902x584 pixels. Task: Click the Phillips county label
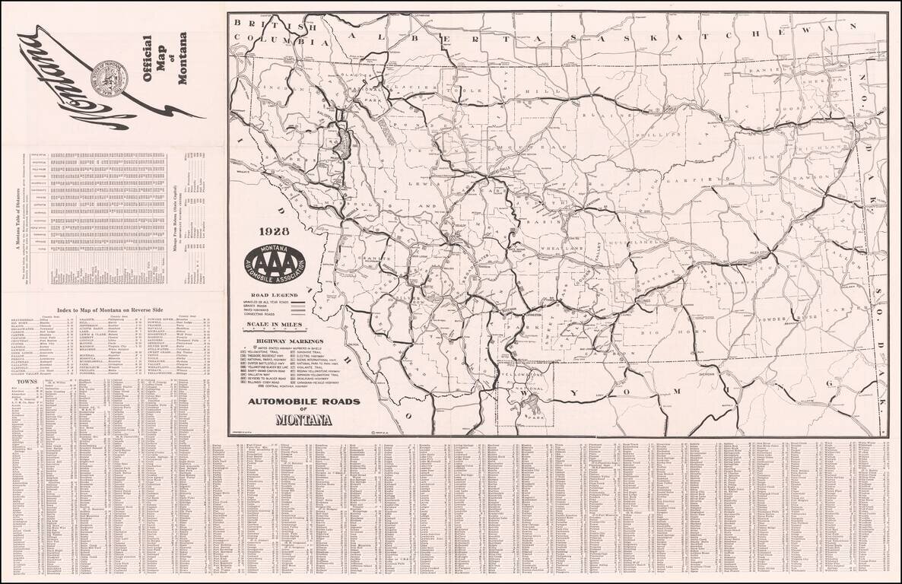pyautogui.click(x=659, y=138)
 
